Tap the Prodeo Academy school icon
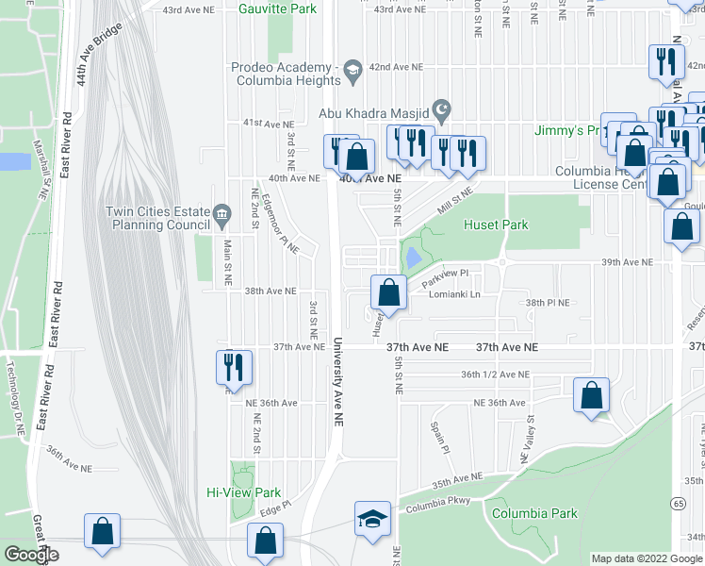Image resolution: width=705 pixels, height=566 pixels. click(x=353, y=68)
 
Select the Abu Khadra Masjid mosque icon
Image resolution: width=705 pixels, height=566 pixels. click(x=439, y=108)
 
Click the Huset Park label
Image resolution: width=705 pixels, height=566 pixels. click(x=496, y=225)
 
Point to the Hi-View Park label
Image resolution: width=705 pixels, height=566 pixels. click(x=244, y=492)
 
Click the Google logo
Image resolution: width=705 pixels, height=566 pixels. click(x=31, y=555)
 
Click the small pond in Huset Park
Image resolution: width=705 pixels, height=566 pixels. click(x=413, y=256)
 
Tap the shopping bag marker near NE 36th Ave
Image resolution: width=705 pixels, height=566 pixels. click(x=591, y=395)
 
